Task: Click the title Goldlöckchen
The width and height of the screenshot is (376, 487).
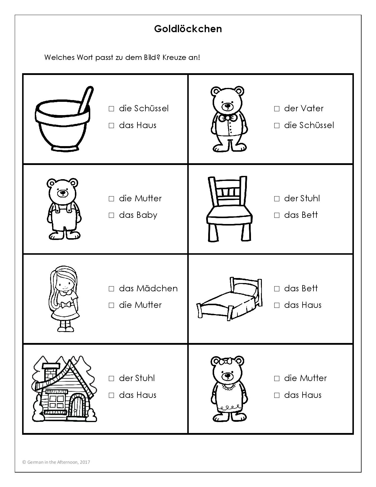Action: tap(188, 29)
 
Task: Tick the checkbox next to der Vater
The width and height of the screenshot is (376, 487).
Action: tap(277, 109)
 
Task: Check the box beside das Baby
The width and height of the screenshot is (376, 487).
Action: tap(111, 215)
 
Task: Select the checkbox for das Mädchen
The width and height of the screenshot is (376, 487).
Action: tap(111, 289)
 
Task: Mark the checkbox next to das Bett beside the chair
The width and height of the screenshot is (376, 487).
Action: tap(277, 215)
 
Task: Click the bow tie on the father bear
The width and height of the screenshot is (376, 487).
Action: tap(228, 117)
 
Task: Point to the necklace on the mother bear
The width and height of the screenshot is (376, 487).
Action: tap(228, 386)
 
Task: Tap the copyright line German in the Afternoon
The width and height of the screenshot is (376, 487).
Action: tap(56, 462)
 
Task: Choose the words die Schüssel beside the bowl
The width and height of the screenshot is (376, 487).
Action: tap(144, 109)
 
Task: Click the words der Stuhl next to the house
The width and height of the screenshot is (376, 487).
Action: tap(137, 378)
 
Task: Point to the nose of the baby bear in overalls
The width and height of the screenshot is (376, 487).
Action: tap(63, 192)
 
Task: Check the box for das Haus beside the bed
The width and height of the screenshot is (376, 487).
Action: tap(277, 305)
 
